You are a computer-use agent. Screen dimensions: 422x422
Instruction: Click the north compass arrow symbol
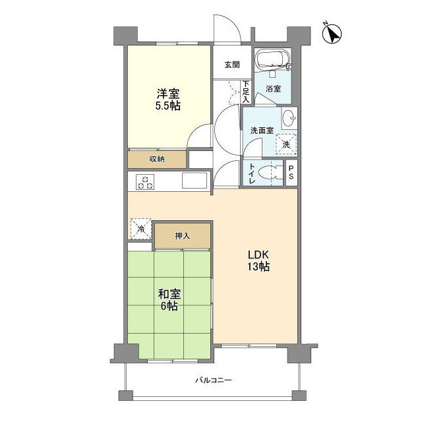(x=332, y=34)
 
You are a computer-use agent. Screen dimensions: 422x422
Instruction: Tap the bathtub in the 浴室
(x=273, y=59)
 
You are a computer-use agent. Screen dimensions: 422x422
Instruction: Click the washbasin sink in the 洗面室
(x=289, y=118)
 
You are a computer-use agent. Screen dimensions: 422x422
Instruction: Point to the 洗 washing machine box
(x=286, y=144)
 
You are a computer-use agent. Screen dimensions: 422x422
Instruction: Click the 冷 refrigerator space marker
(x=140, y=229)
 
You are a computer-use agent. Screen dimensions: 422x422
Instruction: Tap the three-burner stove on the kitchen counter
(x=145, y=182)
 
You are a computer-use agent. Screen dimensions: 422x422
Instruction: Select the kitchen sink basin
(x=195, y=180)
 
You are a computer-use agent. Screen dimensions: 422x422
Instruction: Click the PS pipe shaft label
(x=291, y=173)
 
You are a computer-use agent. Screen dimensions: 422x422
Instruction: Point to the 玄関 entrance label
(x=232, y=65)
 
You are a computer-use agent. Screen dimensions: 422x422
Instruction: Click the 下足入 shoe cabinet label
(x=246, y=92)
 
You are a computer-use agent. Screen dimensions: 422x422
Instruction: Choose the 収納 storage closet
(x=157, y=160)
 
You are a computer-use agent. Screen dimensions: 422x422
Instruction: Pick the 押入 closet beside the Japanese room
(x=183, y=236)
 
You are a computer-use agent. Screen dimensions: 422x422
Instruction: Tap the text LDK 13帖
(x=258, y=260)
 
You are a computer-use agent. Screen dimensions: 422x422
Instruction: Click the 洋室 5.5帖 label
(x=168, y=100)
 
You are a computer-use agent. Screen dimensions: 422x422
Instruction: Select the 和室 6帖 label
(x=169, y=300)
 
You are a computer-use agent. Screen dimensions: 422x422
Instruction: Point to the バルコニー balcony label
(x=214, y=380)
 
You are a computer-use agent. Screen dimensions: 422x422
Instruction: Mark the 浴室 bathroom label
(x=273, y=88)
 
